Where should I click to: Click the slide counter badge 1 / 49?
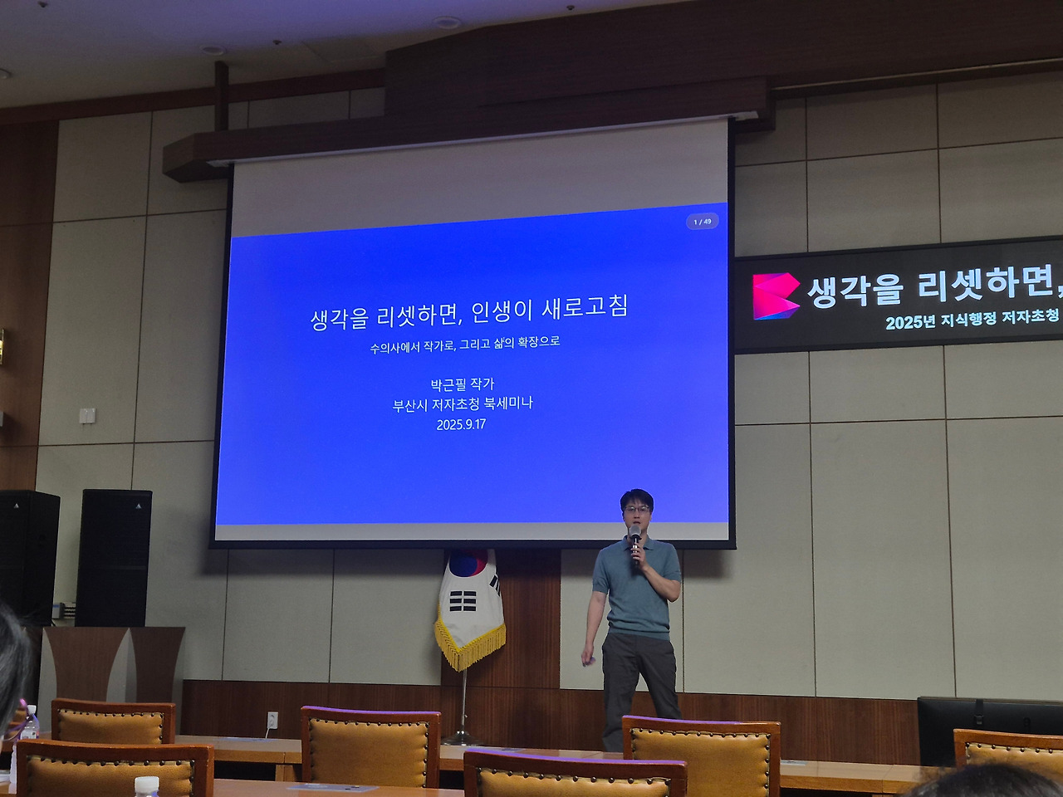click(x=702, y=222)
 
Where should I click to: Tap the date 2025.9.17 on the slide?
click(x=461, y=424)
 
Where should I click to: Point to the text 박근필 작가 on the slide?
click(x=462, y=384)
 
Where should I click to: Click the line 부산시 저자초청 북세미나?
click(x=463, y=403)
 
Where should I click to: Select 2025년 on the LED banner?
click(x=910, y=322)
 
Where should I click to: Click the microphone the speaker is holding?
click(x=635, y=540)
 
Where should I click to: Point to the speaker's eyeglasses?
click(x=637, y=508)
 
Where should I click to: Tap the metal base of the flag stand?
click(x=462, y=737)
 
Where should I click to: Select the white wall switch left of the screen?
click(x=87, y=414)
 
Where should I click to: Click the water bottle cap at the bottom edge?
click(x=147, y=782)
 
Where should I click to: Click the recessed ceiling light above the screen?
click(x=445, y=22)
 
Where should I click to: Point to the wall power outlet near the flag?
click(x=272, y=718)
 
